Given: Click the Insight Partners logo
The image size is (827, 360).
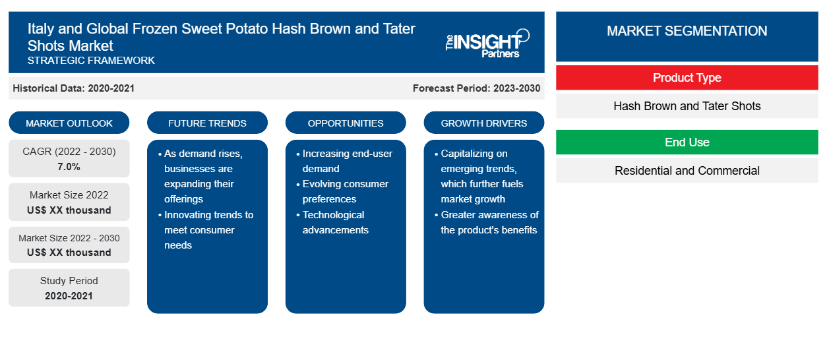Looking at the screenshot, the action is point(487,44).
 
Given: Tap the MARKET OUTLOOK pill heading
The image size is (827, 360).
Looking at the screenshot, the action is point(69,123).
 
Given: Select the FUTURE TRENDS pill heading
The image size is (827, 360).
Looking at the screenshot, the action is point(207,123).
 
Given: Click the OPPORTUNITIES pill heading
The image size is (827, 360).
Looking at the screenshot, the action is point(346,123).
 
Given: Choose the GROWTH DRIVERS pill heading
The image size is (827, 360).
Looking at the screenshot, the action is point(483,123).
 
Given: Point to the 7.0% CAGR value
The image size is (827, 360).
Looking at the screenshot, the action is point(69,167).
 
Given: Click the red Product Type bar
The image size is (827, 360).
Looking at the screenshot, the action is point(687,78).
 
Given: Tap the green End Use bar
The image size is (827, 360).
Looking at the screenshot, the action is point(687,142).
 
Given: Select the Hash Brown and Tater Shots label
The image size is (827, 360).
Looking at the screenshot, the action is point(687,106).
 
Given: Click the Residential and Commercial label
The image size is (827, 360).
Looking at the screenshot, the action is point(687,171).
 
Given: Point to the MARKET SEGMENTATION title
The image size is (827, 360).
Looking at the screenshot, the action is point(687,30).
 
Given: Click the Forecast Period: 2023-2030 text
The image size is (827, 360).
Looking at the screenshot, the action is point(476,88).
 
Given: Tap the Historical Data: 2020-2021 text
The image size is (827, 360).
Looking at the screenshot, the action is point(73,88).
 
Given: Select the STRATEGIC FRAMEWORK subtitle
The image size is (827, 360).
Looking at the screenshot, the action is point(91,61).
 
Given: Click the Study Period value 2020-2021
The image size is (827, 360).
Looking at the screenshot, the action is point(69,296).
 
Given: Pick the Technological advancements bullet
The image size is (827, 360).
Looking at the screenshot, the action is point(332,222).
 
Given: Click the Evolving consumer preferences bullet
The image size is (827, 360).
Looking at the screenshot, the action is point(342,191).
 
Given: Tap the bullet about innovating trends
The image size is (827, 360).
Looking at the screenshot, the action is point(206,229).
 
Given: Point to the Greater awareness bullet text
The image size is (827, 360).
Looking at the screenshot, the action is point(487,222).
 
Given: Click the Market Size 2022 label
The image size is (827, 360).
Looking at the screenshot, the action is point(69,195).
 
